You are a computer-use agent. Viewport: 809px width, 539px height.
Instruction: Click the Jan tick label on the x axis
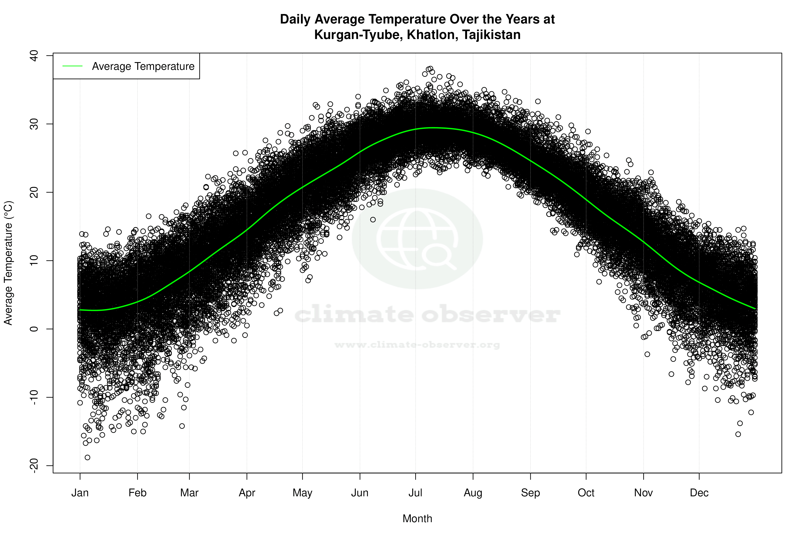click(x=80, y=493)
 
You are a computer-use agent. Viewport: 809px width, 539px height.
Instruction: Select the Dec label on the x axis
click(x=699, y=493)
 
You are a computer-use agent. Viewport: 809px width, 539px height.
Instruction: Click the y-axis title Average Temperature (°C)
click(x=8, y=263)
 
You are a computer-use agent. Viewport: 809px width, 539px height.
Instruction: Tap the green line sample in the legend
click(x=72, y=66)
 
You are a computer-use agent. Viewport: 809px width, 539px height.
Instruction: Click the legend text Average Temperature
click(x=143, y=66)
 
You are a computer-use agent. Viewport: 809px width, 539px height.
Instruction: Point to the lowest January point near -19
click(x=87, y=458)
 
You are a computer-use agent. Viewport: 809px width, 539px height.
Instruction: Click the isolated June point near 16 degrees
click(x=373, y=219)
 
